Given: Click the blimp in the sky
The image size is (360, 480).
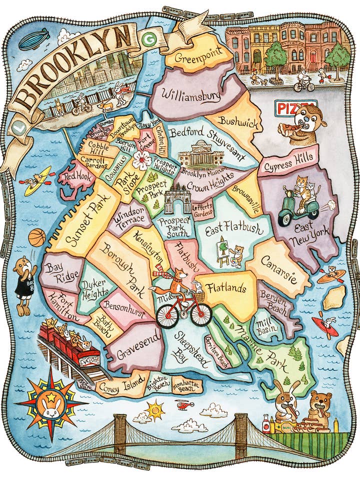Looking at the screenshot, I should click(33, 38).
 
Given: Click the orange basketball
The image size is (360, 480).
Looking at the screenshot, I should click(37, 238).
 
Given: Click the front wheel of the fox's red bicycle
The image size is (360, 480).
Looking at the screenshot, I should click(201, 314).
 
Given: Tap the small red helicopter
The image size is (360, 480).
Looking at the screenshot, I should click(184, 404).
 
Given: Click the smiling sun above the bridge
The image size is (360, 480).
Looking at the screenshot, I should click(154, 410).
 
